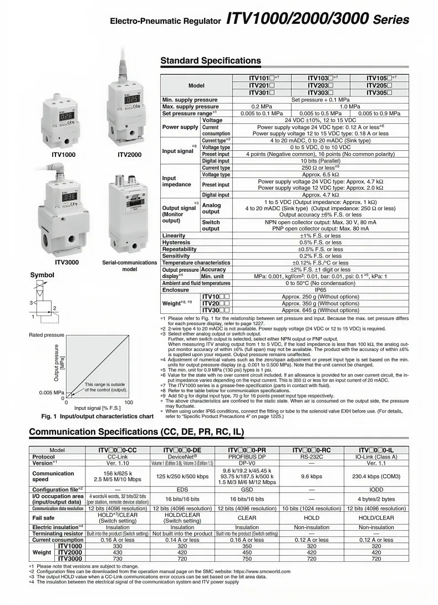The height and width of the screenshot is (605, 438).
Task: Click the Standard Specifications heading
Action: click(210, 60)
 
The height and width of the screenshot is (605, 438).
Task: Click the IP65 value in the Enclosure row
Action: click(320, 289)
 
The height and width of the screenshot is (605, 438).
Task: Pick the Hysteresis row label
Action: click(177, 242)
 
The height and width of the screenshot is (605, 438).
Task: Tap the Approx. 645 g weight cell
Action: click(320, 310)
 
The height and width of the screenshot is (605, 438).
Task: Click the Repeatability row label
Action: click(179, 250)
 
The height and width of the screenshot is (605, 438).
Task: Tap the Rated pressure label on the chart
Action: click(47, 335)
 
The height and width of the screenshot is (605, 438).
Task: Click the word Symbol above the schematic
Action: click(42, 275)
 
